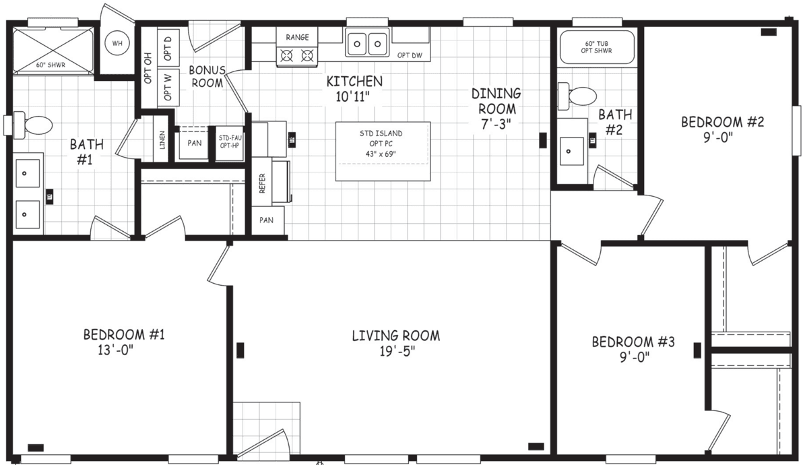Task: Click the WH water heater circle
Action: point(118,44)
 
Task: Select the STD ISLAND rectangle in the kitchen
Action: point(383,151)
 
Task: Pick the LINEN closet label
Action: point(162,139)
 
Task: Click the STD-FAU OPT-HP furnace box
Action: point(228,143)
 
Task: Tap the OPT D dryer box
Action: point(168,48)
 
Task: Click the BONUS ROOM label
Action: point(206,76)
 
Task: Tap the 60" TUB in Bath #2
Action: point(597,46)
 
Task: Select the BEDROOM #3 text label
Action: point(633,342)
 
